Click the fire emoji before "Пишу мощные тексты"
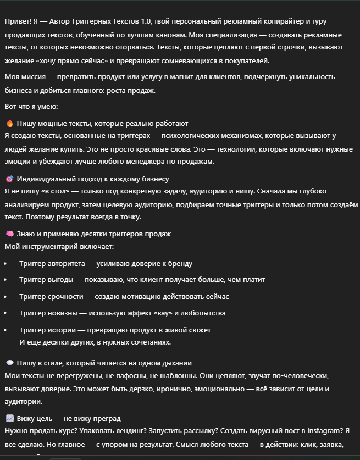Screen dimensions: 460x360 click(9, 124)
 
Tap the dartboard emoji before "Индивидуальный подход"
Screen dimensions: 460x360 click(9, 179)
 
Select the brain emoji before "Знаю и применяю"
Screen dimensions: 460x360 click(9, 234)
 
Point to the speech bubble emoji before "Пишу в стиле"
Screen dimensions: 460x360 click(9, 363)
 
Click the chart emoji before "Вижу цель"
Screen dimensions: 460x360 click(9, 419)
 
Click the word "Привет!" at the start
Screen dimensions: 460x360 click(17, 21)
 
